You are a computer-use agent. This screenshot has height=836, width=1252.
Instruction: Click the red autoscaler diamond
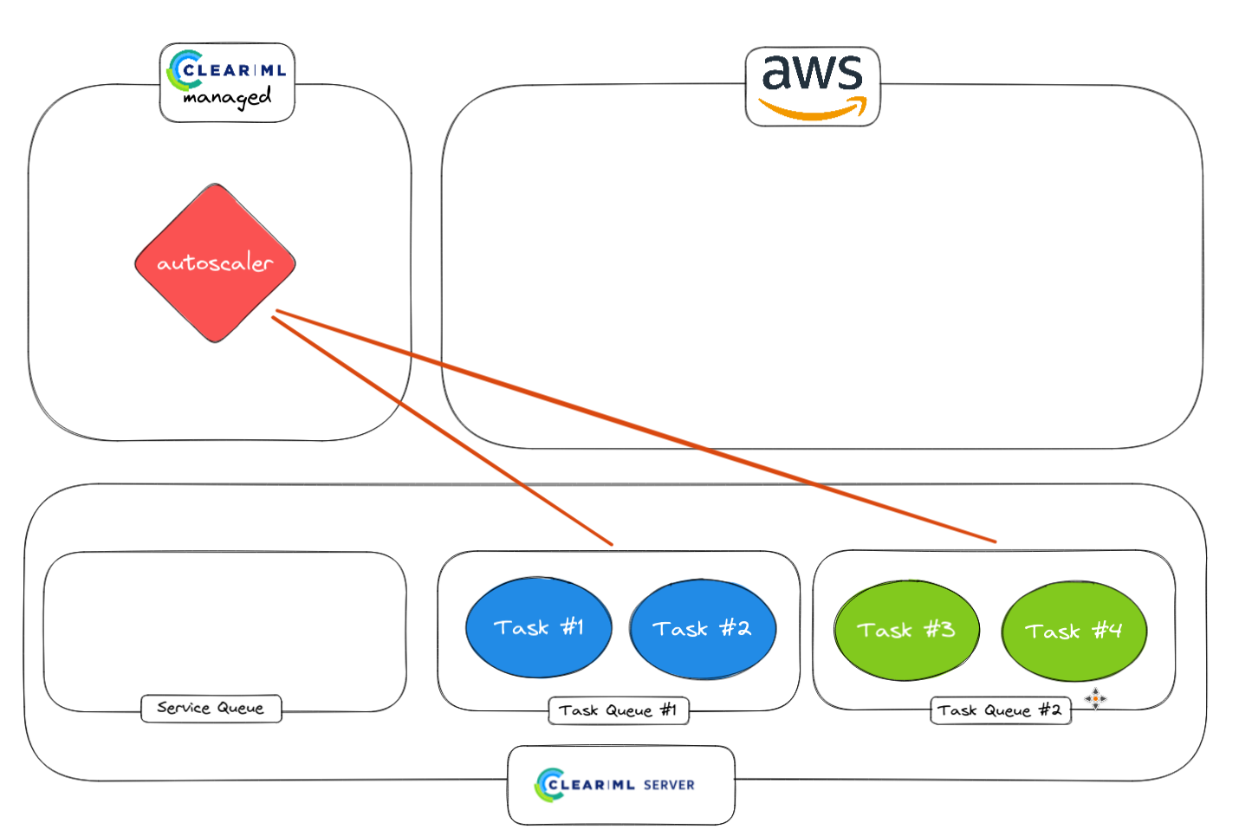[215, 262]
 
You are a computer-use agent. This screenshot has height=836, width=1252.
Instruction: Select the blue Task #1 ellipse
[538, 627]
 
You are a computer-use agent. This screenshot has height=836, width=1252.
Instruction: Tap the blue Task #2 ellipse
[703, 629]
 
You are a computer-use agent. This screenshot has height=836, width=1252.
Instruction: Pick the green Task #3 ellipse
[906, 630]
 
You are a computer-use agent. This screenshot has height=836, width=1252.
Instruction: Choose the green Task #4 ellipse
[1074, 631]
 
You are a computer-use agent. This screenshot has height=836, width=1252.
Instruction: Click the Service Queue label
[211, 708]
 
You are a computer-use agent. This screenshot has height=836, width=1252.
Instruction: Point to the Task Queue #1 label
[618, 710]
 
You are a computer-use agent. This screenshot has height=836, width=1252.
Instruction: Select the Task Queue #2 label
[999, 710]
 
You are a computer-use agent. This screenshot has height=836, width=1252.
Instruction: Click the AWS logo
[813, 87]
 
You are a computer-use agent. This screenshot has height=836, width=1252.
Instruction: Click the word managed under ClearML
[228, 98]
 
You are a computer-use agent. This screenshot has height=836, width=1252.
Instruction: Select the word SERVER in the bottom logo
[669, 785]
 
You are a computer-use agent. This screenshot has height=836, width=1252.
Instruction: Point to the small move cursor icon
[1095, 698]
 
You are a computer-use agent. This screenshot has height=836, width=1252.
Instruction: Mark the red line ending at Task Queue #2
[636, 426]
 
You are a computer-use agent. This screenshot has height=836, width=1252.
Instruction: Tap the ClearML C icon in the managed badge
[184, 70]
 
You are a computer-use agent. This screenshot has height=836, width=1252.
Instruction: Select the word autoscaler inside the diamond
[215, 262]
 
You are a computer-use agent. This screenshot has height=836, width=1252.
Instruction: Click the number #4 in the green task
[1107, 631]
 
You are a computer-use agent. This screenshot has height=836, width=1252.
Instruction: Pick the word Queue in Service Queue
[240, 709]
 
